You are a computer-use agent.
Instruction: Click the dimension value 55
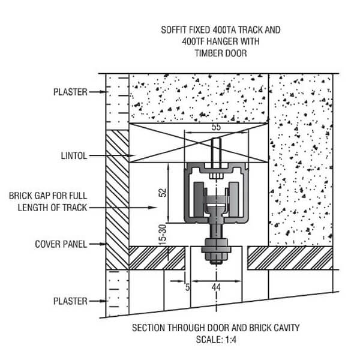(217, 128)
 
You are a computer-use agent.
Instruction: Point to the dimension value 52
(163, 193)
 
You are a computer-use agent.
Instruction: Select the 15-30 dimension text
(163, 233)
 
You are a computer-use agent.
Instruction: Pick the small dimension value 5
(187, 288)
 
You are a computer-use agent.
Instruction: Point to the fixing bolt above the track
(217, 151)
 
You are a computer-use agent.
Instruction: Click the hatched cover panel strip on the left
(118, 198)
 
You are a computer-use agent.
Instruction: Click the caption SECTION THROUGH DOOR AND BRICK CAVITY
(214, 328)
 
